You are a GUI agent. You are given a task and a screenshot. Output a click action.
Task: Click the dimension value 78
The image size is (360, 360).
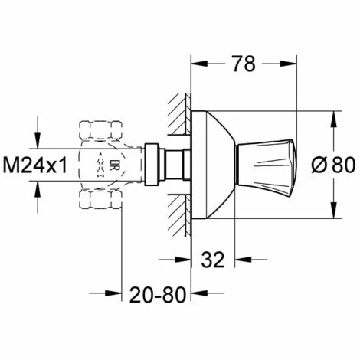pyautogui.click(x=244, y=64)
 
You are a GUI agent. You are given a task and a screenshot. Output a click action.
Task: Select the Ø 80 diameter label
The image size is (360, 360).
pyautogui.click(x=333, y=165)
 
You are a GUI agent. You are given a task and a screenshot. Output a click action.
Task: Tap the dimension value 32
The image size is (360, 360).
pyautogui.click(x=213, y=260)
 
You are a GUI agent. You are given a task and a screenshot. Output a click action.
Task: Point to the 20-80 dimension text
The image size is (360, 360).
pyautogui.click(x=158, y=295)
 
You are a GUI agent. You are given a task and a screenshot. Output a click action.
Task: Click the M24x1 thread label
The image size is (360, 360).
pyautogui.click(x=35, y=165)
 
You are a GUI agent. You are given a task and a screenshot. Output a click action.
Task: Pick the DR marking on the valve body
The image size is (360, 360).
pyautogui.click(x=113, y=165)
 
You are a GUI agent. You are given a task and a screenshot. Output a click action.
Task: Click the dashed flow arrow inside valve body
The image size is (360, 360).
pyautogui.click(x=101, y=165)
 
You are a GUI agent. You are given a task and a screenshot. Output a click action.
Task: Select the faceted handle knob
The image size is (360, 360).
pyautogui.click(x=266, y=165)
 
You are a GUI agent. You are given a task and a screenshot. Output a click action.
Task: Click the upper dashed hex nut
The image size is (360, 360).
pyautogui.click(x=100, y=130)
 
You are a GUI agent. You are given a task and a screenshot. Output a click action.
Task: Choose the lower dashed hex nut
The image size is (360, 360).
pyautogui.click(x=100, y=199)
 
